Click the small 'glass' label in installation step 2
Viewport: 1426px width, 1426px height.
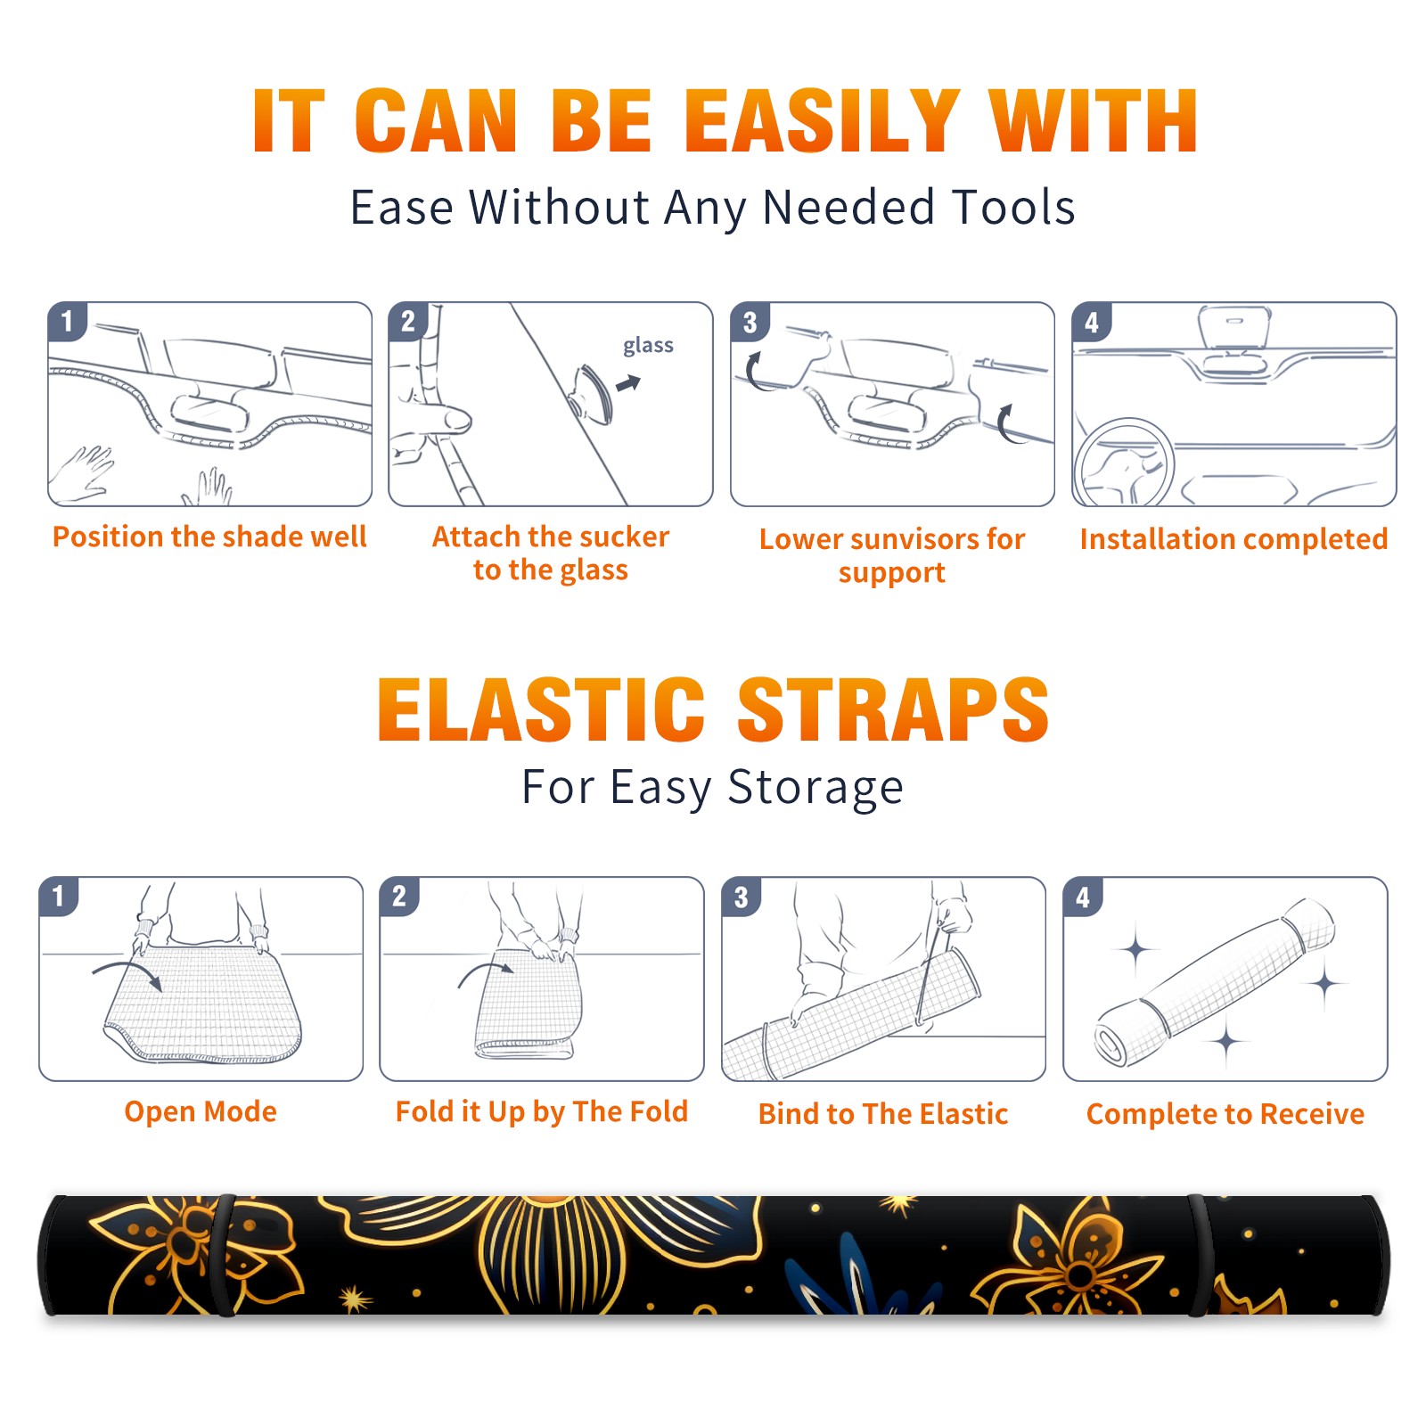pos(648,346)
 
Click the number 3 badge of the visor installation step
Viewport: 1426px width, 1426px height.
pos(750,322)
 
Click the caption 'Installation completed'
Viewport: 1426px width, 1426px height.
pos(1233,538)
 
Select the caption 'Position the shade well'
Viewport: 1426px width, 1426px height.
pos(209,537)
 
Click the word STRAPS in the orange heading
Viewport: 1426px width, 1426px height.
pos(893,709)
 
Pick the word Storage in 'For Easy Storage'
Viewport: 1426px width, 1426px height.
pos(815,788)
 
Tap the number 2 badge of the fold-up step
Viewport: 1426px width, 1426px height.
pos(399,896)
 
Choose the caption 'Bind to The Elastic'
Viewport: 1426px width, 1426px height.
pos(882,1114)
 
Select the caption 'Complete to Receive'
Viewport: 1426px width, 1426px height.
pos(1225,1114)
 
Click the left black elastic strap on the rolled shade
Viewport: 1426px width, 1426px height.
pos(223,1255)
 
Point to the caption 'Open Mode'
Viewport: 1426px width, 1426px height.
pos(201,1111)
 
